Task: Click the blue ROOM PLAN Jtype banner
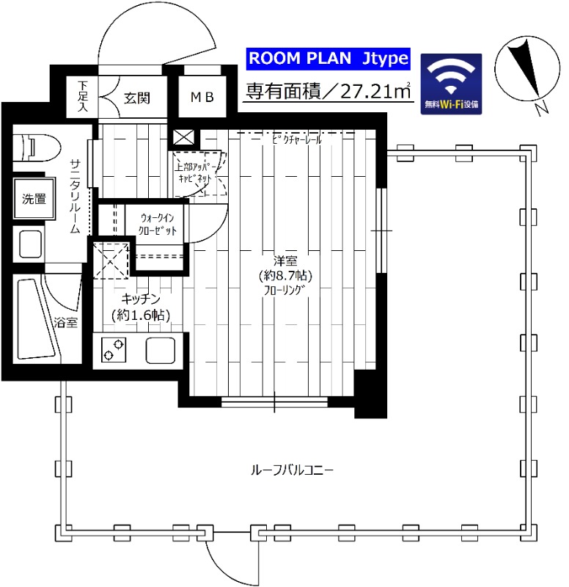326,58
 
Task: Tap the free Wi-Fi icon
451,83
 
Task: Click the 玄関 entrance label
136,97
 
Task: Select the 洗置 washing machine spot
33,197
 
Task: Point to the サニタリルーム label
75,195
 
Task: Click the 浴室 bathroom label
65,322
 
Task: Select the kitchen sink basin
161,350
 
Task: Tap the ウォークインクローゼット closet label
158,224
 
